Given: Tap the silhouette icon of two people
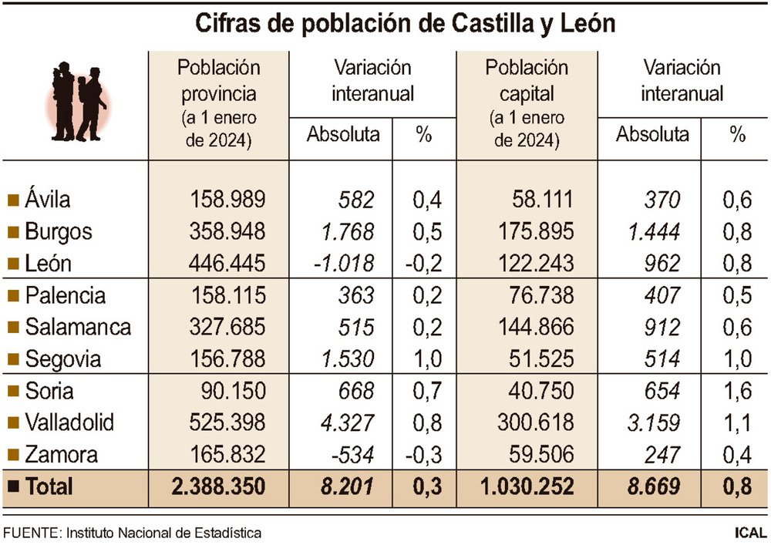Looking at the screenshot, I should point(79,101).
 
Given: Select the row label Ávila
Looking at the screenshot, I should point(47,200).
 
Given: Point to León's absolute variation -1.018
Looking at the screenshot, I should point(344,263).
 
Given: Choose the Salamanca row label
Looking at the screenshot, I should point(77,327).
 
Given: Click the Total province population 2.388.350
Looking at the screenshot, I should point(219,487).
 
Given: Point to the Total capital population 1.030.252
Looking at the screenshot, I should point(527,487).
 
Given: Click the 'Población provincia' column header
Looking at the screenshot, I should point(219,80).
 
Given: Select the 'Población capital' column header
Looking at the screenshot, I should point(527,80).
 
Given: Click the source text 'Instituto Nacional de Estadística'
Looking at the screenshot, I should point(163,533).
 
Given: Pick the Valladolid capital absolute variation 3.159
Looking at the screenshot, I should point(654,422).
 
